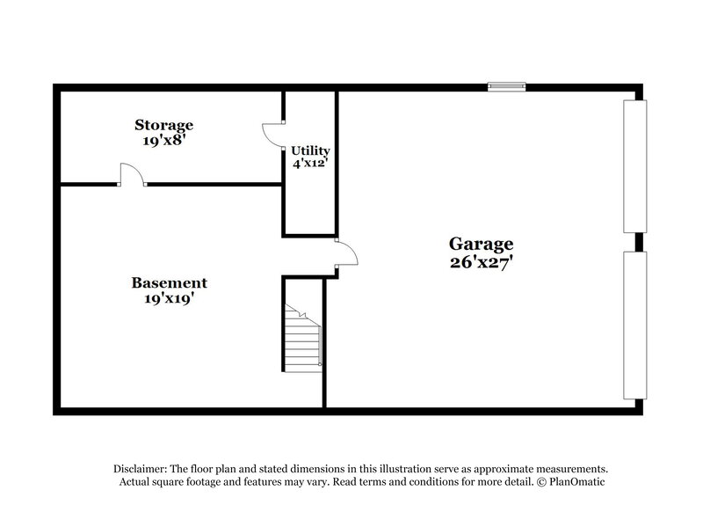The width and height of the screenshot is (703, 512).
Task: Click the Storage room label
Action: tap(163, 125)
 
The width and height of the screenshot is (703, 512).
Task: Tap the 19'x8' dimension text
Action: tap(163, 139)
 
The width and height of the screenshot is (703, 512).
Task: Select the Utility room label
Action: tap(310, 150)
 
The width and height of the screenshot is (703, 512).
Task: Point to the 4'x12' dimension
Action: tap(310, 163)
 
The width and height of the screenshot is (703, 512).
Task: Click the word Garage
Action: tap(481, 244)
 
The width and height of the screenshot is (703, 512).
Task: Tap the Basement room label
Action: tap(170, 282)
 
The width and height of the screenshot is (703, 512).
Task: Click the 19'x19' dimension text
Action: tap(170, 298)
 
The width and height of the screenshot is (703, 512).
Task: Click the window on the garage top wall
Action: tap(507, 86)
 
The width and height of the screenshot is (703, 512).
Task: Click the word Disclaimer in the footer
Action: tap(142, 470)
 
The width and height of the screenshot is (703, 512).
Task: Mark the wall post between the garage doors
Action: tap(640, 243)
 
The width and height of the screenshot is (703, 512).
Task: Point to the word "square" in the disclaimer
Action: tap(182, 483)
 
